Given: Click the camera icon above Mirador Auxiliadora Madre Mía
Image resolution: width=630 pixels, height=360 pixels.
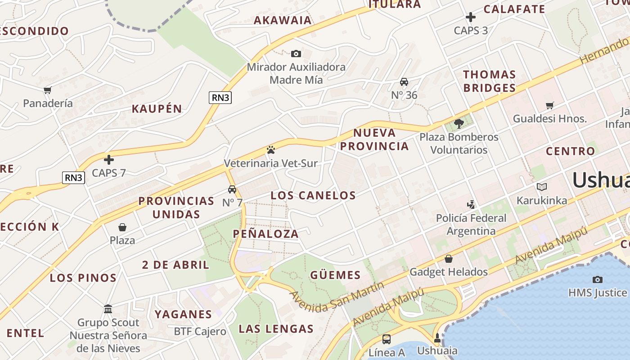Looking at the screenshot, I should coord(296,54).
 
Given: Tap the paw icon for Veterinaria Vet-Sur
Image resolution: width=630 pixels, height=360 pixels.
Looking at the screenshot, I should coord(270,150).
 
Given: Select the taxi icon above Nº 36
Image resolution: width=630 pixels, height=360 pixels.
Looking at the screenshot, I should coord(404,82).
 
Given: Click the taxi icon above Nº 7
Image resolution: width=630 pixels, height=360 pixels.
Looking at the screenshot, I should coord(232,189).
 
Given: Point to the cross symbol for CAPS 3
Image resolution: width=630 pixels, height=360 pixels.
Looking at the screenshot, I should coord(471,18).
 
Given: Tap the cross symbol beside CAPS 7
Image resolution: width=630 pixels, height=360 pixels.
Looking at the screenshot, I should coord(109,160).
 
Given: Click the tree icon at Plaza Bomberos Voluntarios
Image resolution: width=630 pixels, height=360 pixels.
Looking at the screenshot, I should coord(459,123).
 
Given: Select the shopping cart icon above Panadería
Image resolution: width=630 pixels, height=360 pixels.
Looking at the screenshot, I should coord(48,90).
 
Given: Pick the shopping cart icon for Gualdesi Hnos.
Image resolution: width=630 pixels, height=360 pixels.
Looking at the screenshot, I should coord(550,106).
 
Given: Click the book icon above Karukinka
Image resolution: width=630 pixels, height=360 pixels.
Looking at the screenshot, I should coord(542,187).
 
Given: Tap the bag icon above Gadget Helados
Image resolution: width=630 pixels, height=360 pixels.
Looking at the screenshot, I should coord(449,259).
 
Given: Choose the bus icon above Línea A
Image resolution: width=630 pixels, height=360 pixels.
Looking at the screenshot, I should coord(387,339).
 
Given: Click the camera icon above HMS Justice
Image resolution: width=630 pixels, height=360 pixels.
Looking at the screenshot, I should coord(598,279).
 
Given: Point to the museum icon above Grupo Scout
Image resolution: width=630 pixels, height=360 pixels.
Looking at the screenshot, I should coord(108,309).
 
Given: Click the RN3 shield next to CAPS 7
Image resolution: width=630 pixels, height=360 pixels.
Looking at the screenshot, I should coord(73,178).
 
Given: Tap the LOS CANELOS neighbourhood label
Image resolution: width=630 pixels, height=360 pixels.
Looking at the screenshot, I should coord(313,195).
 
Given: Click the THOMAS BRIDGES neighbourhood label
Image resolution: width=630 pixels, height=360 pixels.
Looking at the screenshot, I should coord(490,81).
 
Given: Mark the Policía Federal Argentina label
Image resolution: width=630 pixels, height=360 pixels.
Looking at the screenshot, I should coord(471,225).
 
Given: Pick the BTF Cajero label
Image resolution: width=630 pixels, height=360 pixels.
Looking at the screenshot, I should coord(200,332).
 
